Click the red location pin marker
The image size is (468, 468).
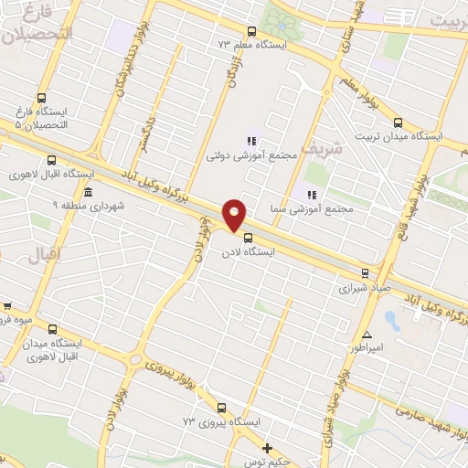click(235, 214)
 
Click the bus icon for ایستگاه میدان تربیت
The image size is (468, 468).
click(397, 122)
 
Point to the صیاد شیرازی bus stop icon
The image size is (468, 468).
click(366, 272)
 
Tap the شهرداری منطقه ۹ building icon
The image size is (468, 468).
click(88, 193)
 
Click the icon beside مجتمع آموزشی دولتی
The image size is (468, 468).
click(250, 141)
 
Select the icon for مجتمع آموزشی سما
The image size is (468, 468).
click(311, 194)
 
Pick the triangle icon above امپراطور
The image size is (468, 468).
click(367, 335)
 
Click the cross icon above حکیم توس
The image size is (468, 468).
click(267, 448)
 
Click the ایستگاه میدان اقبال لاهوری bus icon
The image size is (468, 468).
click(52, 328)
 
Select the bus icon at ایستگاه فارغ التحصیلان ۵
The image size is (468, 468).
click(41, 99)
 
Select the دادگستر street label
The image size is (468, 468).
click(146, 133)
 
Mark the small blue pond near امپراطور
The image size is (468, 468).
click(392, 321)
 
